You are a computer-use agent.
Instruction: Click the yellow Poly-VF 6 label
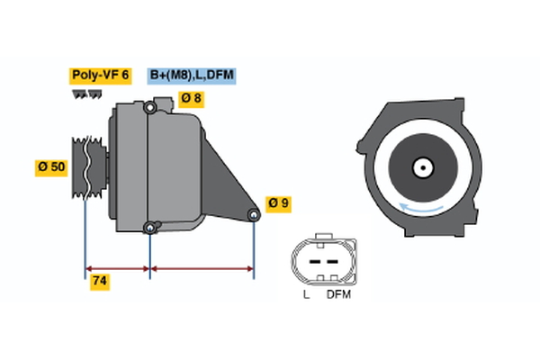coord(100,76)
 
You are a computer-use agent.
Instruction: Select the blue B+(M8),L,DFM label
coord(192,76)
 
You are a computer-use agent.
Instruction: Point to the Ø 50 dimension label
coord(51,167)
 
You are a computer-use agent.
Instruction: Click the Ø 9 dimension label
coord(279,203)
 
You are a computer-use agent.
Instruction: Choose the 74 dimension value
coord(101,281)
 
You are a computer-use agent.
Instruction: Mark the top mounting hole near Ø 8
coord(150,109)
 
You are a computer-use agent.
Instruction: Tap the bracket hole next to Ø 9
coord(255,215)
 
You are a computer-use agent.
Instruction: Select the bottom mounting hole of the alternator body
coord(150,227)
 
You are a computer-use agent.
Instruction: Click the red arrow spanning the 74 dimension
coord(117,268)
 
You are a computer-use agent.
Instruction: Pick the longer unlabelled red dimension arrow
coord(202,268)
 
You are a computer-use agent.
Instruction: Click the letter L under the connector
coord(306,294)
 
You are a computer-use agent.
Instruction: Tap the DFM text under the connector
coord(338,294)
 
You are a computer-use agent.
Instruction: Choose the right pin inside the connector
coord(333,262)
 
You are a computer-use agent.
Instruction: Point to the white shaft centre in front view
coord(421,167)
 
